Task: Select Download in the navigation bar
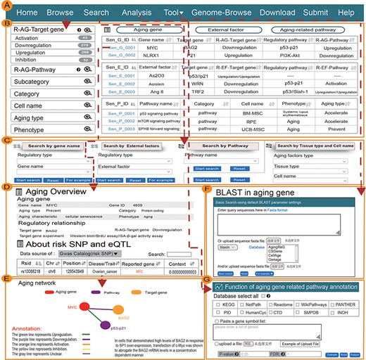(x=287, y=13)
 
